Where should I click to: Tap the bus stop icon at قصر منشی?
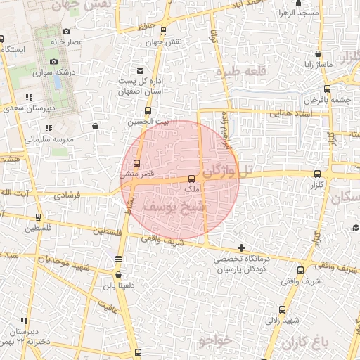pos(136,163)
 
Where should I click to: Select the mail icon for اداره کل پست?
pos(140,70)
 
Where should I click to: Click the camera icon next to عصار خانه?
pos(66,32)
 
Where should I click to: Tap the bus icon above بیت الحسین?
pos(148,110)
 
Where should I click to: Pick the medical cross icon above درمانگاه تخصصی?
pos(241,247)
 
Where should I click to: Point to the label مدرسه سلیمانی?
pos(49,139)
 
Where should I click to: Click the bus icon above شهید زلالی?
pos(283,309)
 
